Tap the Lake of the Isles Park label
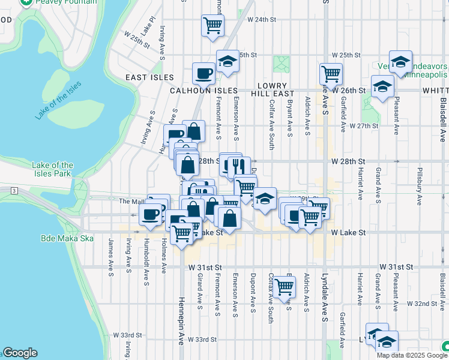[53, 169]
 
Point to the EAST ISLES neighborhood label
[149, 77]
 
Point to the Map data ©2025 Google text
[411, 355]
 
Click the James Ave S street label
[111, 254]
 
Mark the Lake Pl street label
[148, 26]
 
